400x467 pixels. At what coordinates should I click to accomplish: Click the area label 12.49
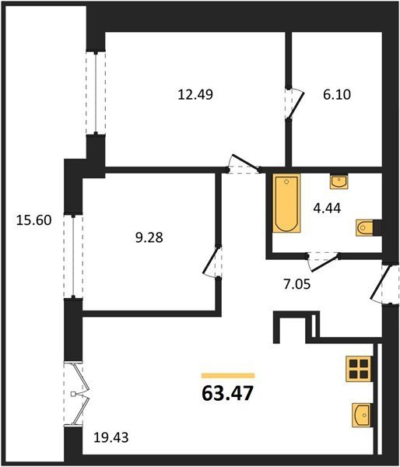tap(195, 95)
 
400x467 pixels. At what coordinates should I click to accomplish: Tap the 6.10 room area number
tap(337, 95)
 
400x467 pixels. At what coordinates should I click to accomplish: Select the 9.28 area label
tap(149, 237)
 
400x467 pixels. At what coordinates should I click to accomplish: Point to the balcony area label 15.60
tap(33, 220)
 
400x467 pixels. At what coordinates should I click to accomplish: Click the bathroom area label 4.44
tap(327, 208)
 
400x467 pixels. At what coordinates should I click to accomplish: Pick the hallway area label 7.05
tap(297, 284)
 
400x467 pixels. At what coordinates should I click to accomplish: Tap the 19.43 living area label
tap(111, 437)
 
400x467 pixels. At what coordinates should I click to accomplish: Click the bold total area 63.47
tap(227, 393)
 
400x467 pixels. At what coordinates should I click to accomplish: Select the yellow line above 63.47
tap(228, 376)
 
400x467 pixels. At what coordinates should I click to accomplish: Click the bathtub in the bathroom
tap(286, 203)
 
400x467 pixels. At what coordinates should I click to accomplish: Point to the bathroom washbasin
tap(339, 181)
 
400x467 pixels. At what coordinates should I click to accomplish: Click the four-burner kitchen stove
tap(359, 369)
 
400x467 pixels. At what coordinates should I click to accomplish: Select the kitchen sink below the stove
tap(362, 415)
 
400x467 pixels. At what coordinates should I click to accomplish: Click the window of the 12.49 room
tap(96, 93)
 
